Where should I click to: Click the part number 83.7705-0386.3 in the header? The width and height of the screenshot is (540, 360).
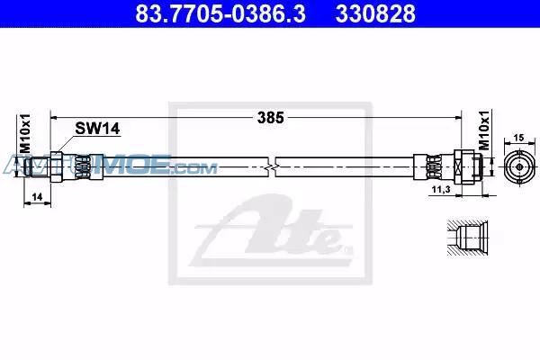(x=220, y=13)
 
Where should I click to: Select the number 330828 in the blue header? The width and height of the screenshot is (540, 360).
(x=375, y=13)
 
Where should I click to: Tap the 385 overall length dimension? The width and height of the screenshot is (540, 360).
(x=271, y=118)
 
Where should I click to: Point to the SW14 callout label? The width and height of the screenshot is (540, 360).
(x=97, y=129)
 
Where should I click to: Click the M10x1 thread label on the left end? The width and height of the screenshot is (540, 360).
(x=25, y=133)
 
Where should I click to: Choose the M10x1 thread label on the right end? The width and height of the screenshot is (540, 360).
(x=484, y=130)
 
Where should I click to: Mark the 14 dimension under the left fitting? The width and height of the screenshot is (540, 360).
(x=37, y=197)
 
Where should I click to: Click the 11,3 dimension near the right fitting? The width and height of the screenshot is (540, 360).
(x=442, y=189)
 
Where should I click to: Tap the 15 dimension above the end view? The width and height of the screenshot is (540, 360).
(x=518, y=138)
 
